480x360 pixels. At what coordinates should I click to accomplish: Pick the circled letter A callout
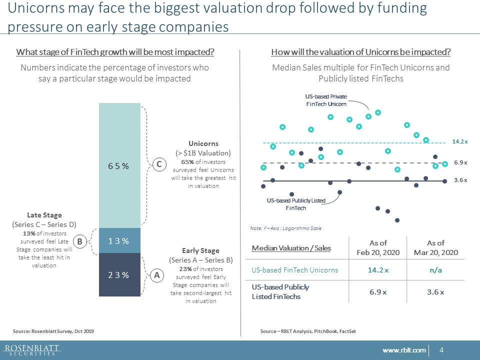(x=156, y=274)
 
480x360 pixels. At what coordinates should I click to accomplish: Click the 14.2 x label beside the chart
(x=460, y=142)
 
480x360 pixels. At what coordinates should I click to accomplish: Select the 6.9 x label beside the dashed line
(x=460, y=162)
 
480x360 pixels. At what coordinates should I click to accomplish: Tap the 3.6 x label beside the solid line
(x=460, y=180)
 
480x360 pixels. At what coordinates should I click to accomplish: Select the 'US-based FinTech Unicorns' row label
(x=294, y=270)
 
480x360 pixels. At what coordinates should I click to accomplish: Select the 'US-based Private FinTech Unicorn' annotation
(x=326, y=100)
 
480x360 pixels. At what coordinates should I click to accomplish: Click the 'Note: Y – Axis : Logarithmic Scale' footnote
(x=285, y=228)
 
